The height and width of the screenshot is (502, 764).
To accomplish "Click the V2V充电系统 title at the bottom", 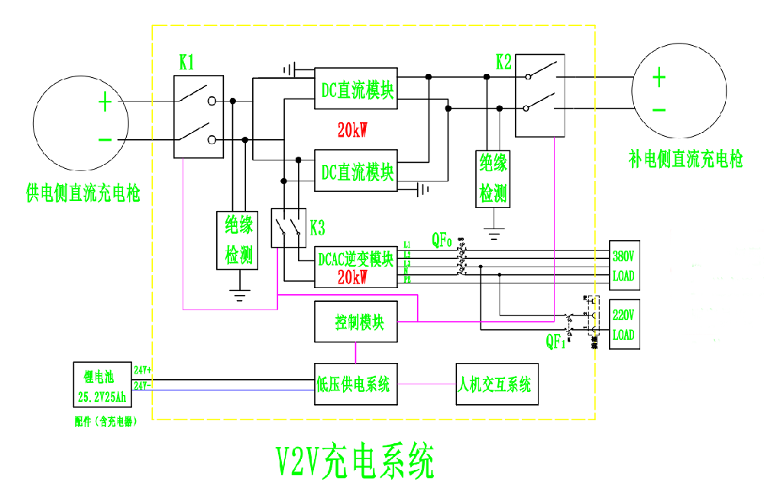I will [354, 461].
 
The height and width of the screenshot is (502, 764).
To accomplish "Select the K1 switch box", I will [199, 117].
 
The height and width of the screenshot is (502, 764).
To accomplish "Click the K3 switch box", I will [289, 227].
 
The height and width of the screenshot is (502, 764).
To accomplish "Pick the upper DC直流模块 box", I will [357, 89].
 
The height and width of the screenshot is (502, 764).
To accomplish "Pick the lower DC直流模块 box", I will [357, 170].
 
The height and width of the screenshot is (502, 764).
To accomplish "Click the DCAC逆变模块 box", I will [357, 266].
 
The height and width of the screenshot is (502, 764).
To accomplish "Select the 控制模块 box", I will [355, 322].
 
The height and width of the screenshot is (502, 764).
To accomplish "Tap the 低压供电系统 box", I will [355, 384].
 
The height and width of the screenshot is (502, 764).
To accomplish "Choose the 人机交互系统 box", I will [496, 384].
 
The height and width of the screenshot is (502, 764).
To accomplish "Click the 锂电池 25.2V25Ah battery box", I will [102, 386].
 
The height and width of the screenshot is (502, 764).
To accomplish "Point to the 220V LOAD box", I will [623, 325].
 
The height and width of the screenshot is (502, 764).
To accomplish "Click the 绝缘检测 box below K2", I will [493, 177].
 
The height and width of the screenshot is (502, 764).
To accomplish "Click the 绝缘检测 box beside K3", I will [238, 240].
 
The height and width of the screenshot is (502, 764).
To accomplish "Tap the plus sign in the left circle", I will [105, 102].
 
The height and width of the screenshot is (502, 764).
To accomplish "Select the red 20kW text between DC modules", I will [353, 129].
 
